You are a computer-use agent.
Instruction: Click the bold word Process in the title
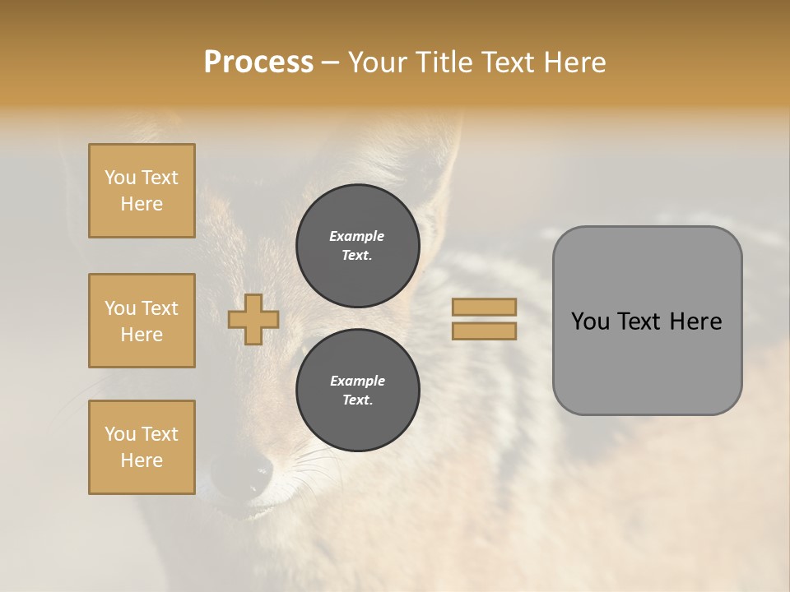[258, 62]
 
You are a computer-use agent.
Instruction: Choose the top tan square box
[142, 191]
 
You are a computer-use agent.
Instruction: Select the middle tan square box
[142, 321]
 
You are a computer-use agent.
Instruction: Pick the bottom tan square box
[142, 447]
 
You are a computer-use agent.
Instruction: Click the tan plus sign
[253, 319]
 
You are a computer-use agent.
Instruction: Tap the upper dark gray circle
[358, 245]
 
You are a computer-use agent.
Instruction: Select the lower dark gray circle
[358, 391]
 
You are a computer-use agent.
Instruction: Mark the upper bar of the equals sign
[484, 307]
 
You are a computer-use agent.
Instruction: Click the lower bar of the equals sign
[484, 331]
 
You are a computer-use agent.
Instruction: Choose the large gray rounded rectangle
[647, 321]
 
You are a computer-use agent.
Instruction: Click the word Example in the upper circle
[357, 236]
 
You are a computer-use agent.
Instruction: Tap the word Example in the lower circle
[357, 381]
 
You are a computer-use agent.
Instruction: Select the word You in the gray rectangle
[590, 321]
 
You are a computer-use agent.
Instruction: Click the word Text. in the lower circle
[357, 400]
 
